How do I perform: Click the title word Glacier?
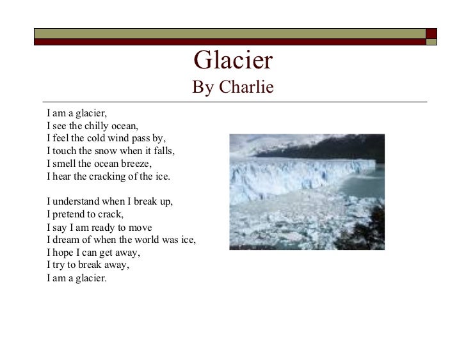click(x=233, y=61)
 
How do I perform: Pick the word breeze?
click(x=136, y=164)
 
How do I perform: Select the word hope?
click(x=64, y=253)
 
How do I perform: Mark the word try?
click(x=58, y=265)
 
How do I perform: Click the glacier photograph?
click(x=307, y=191)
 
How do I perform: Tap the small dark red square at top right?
click(x=431, y=33)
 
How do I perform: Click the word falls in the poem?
click(x=163, y=151)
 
